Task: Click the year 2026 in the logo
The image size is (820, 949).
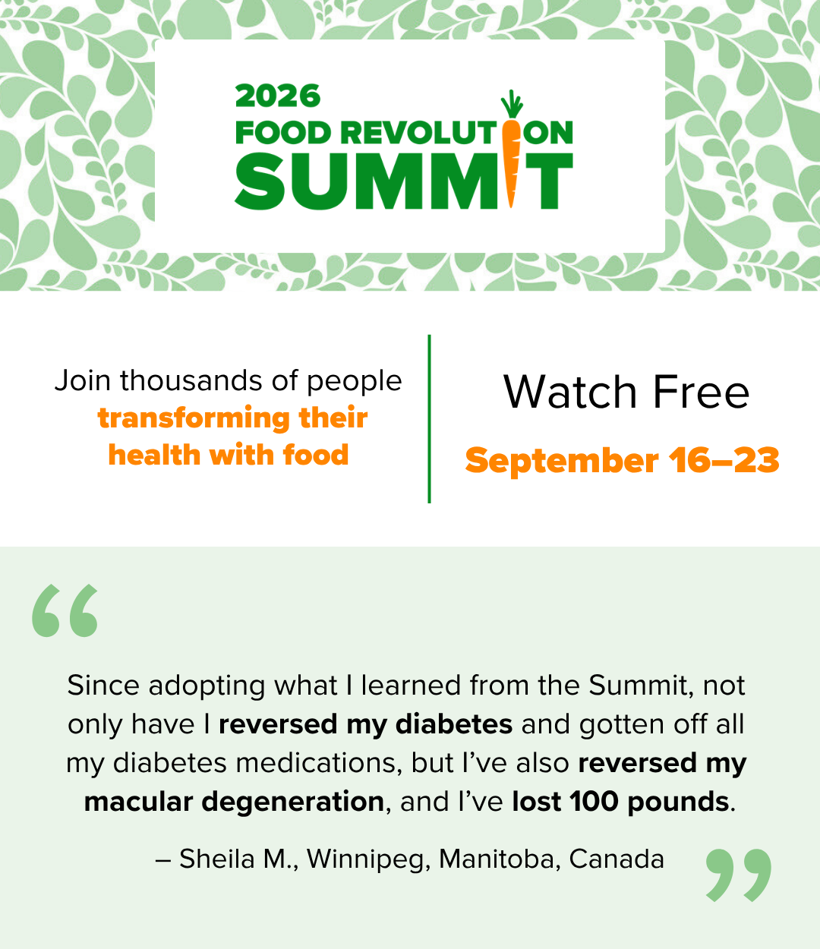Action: (278, 96)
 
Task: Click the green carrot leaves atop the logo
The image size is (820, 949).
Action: (512, 104)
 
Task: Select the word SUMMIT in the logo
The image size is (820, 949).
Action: (404, 181)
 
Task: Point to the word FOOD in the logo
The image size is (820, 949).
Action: (282, 133)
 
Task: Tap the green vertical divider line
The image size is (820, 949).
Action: (429, 419)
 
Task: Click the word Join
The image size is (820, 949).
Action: (83, 381)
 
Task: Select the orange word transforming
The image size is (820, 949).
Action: (194, 419)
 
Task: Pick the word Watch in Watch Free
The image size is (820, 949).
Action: (570, 392)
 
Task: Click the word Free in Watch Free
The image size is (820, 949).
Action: (701, 392)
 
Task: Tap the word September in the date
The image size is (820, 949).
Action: (562, 461)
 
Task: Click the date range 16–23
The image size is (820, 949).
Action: (724, 459)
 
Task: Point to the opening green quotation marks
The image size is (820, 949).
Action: (65, 610)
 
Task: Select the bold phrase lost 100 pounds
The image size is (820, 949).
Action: (620, 802)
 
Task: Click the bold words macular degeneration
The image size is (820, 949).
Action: (234, 802)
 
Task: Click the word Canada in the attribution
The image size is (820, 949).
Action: (617, 859)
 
